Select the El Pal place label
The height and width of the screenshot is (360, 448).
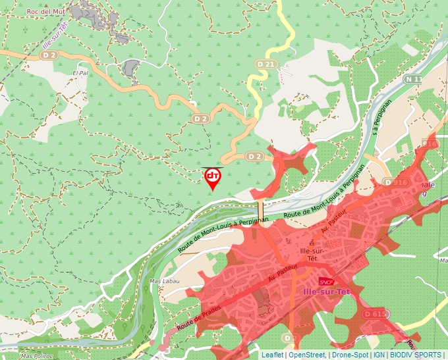tap(80, 73)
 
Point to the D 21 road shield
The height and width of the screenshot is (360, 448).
tap(266, 64)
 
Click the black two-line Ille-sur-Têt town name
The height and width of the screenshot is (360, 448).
tap(310, 255)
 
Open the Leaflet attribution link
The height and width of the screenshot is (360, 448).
tap(272, 355)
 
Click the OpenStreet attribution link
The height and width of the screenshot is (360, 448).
tap(307, 355)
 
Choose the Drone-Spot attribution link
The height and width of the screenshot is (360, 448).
tap(350, 355)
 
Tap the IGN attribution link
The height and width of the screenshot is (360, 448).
tap(379, 355)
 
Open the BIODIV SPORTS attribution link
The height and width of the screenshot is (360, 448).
tap(416, 355)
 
